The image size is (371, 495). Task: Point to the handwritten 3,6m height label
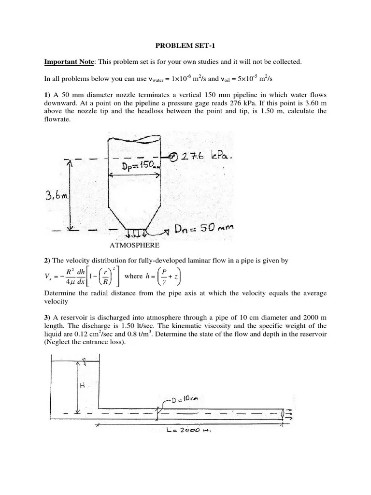(57, 196)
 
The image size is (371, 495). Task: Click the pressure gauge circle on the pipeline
(173, 157)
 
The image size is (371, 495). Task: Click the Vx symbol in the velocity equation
(49, 277)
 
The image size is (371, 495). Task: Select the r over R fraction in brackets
(105, 277)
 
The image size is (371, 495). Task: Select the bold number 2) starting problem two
(47, 261)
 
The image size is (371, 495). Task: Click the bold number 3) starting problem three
(47, 317)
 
